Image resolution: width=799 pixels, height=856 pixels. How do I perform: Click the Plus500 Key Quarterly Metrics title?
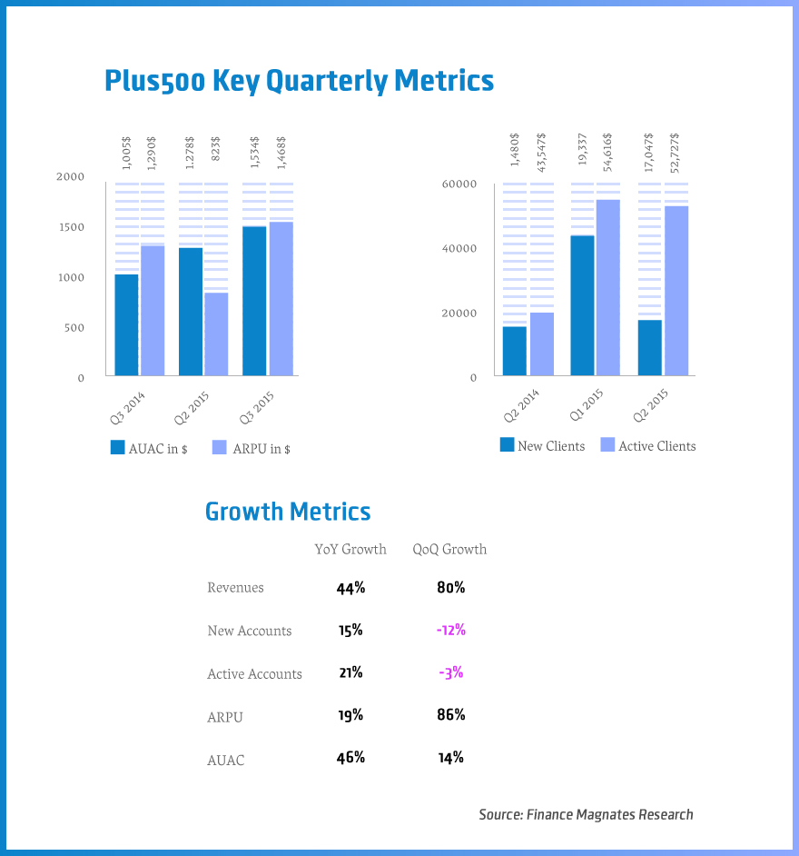coord(300,81)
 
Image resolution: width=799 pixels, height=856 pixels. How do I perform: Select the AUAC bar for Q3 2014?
coord(126,324)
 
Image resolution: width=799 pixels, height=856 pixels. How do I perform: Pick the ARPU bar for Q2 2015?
coord(216,333)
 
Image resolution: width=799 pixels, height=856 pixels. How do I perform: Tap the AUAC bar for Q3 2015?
coord(254,301)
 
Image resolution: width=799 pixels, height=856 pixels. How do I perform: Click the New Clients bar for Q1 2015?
coord(582,305)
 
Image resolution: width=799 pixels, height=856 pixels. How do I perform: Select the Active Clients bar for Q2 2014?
coord(542,343)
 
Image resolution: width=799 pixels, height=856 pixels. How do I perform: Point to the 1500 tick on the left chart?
coord(70,227)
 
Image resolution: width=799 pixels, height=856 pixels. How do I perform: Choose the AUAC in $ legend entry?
coord(149,449)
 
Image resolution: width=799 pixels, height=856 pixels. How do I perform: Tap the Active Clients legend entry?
coord(647,446)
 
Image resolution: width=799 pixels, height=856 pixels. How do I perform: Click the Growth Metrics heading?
coord(288,512)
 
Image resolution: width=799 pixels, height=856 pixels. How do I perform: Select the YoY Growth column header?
coord(350,550)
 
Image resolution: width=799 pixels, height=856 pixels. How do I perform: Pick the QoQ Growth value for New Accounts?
coord(450,631)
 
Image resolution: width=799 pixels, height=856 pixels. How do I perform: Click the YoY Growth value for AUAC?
coord(350,758)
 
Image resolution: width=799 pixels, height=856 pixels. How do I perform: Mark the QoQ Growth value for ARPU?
coord(450,715)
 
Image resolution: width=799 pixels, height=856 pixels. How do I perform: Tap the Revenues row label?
coord(235,588)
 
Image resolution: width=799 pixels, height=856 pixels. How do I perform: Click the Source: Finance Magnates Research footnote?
coord(586,815)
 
